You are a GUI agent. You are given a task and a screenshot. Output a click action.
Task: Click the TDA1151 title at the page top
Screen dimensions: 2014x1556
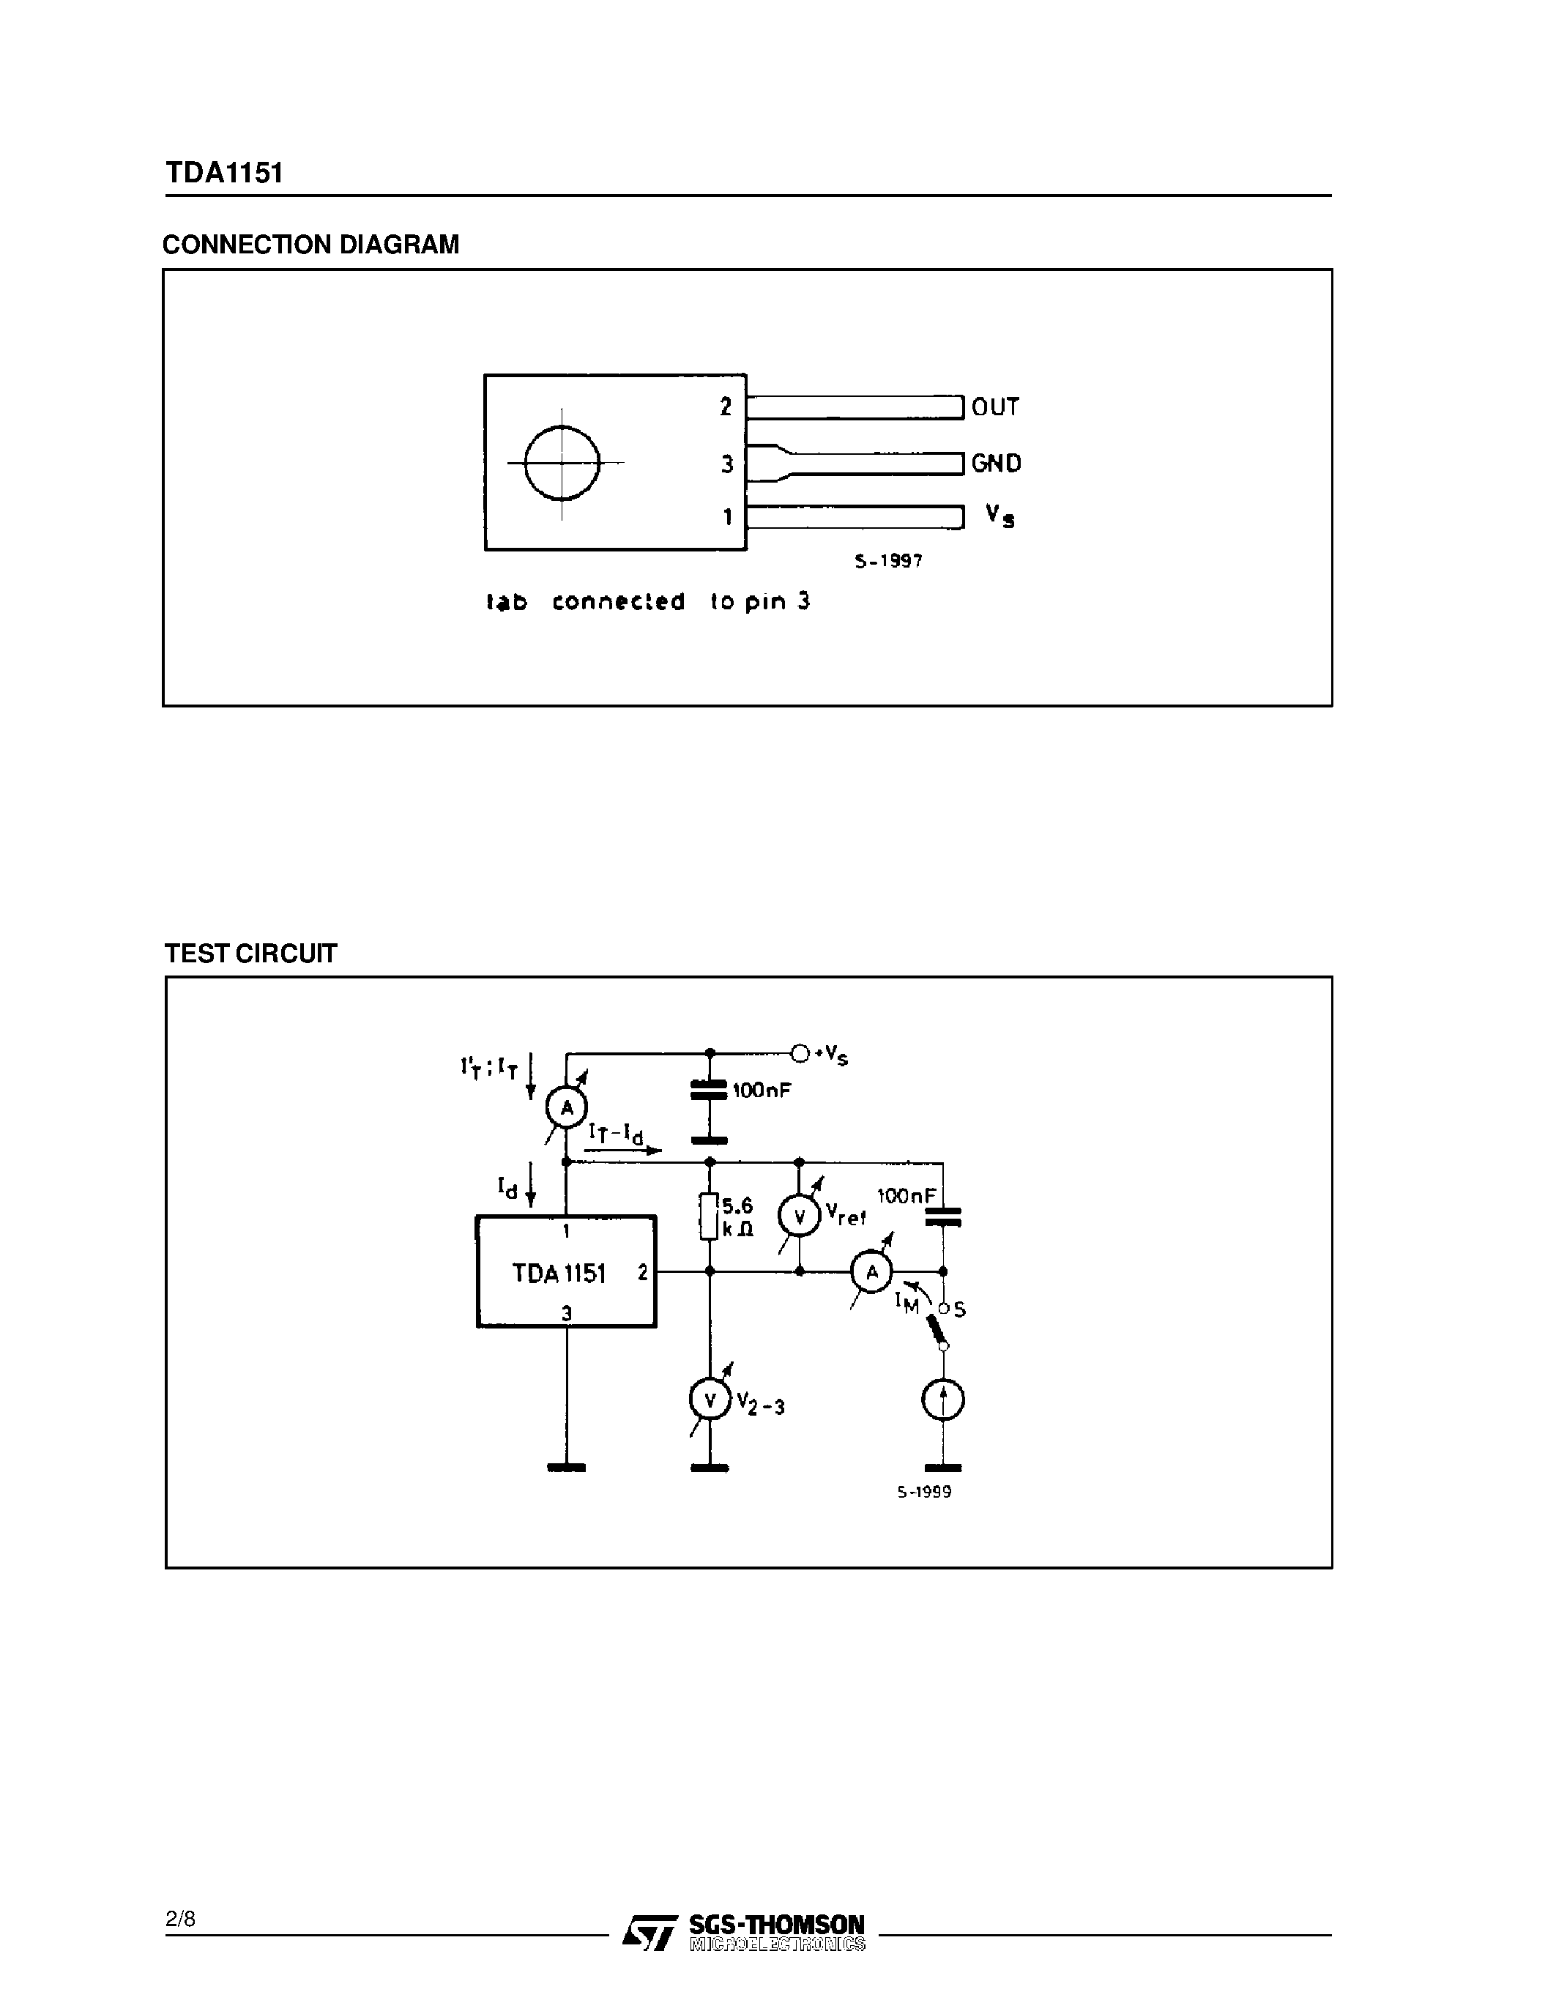pyautogui.click(x=224, y=174)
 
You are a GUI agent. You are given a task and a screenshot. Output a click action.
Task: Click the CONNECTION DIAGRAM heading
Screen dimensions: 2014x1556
pyautogui.click(x=310, y=245)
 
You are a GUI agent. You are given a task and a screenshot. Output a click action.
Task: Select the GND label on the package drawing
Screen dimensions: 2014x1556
pyautogui.click(x=996, y=463)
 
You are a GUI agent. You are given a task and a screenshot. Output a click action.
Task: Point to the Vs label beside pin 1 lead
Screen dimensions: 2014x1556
pyautogui.click(x=1000, y=516)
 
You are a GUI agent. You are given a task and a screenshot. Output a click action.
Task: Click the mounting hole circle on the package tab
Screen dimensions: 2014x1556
pyautogui.click(x=562, y=462)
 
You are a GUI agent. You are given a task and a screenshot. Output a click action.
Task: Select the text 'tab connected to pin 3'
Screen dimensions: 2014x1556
pyautogui.click(x=648, y=601)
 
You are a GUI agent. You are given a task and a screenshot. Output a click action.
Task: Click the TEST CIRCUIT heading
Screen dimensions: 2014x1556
pyautogui.click(x=250, y=954)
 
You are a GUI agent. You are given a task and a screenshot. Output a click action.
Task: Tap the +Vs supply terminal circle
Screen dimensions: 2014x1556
pyautogui.click(x=799, y=1053)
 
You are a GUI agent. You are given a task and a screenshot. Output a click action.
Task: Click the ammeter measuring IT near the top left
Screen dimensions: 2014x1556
pyautogui.click(x=567, y=1107)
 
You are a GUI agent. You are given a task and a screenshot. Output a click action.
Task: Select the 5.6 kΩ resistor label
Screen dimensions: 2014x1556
pyautogui.click(x=737, y=1217)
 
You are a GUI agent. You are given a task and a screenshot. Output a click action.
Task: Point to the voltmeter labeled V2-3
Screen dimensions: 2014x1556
pyautogui.click(x=710, y=1401)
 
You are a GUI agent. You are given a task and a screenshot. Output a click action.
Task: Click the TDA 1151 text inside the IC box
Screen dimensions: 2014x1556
pyautogui.click(x=559, y=1274)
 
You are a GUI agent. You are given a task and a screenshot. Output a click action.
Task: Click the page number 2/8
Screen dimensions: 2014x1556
pyautogui.click(x=181, y=1919)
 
